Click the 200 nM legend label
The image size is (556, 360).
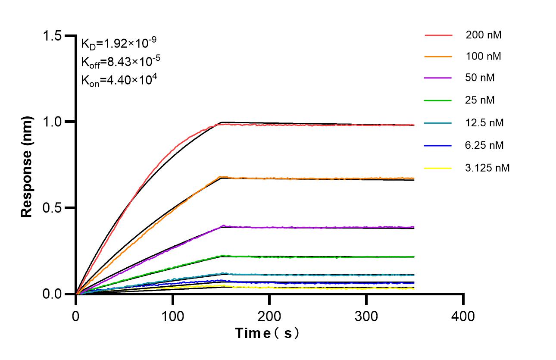tap(483, 35)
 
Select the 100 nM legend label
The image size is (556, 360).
tap(483, 56)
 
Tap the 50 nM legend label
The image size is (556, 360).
tap(480, 78)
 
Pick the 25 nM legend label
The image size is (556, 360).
tap(480, 100)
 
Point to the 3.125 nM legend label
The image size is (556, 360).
tap(487, 168)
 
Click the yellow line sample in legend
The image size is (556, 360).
tap(438, 168)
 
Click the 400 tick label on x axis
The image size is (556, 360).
tap(463, 316)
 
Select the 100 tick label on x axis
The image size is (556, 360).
tap(172, 316)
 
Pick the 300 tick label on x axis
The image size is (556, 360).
tap(366, 316)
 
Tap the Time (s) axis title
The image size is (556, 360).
tap(267, 333)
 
